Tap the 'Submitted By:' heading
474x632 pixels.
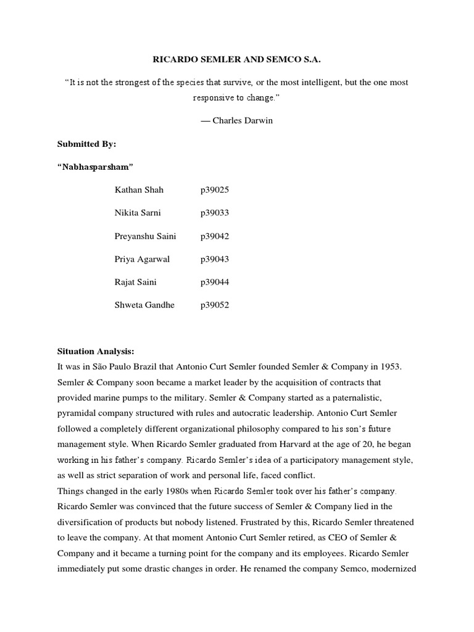pyautogui.click(x=86, y=144)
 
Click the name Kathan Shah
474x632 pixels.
pyautogui.click(x=139, y=190)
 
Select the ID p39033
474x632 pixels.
pyautogui.click(x=214, y=213)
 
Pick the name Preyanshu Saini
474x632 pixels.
pyautogui.click(x=145, y=236)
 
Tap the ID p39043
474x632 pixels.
pyautogui.click(x=214, y=259)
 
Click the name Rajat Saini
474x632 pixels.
pyautogui.click(x=136, y=282)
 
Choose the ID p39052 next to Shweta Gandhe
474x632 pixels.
pyautogui.click(x=214, y=305)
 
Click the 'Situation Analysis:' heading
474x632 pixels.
pyautogui.click(x=95, y=351)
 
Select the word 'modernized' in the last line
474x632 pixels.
pyautogui.click(x=396, y=568)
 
